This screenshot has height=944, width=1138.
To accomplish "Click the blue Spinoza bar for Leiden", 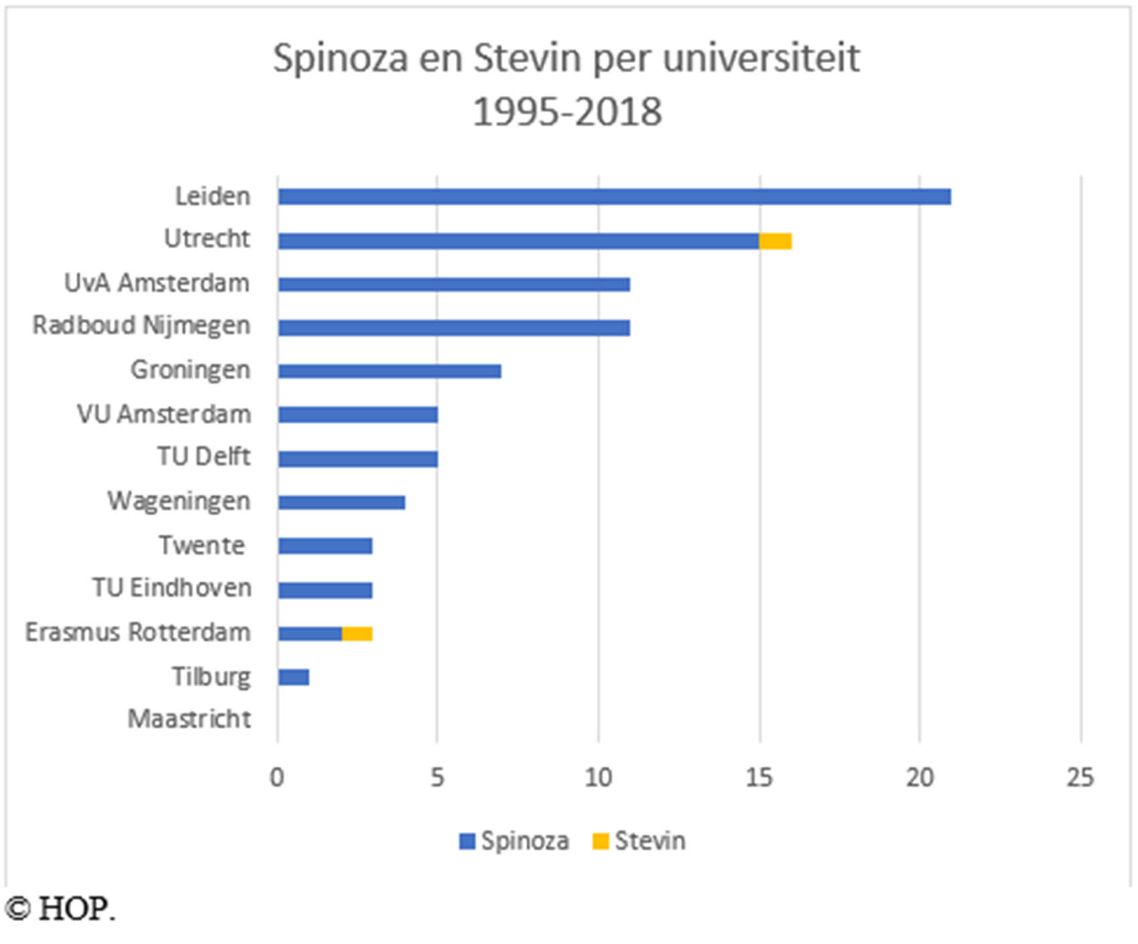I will (614, 196).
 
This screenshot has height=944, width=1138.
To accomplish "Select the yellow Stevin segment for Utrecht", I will (775, 241).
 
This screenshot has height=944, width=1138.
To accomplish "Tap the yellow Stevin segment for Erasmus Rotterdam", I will (357, 634).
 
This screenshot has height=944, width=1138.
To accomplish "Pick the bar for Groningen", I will (389, 371).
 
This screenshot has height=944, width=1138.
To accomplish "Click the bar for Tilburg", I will (294, 677).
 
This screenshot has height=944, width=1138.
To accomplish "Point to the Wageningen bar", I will (342, 502).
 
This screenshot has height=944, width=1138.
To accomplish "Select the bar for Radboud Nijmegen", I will (454, 327).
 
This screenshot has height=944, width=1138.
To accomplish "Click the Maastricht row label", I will (190, 719).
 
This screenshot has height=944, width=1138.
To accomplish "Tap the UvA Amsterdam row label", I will (157, 283).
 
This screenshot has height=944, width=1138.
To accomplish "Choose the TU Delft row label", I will (204, 457).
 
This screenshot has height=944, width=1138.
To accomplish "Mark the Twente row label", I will (202, 545).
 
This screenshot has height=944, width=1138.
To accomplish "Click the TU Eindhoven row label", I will (172, 588).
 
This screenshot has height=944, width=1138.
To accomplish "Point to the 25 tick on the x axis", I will (1080, 778).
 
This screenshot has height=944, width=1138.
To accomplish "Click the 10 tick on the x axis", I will (598, 778).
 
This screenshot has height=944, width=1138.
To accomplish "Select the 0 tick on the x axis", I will (277, 778).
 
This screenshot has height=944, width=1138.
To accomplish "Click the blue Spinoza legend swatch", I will (467, 841).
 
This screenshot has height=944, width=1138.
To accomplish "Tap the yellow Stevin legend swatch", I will (600, 841).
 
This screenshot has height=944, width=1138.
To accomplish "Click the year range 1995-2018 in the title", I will (567, 111).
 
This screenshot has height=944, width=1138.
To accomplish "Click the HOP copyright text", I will (60, 909).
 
